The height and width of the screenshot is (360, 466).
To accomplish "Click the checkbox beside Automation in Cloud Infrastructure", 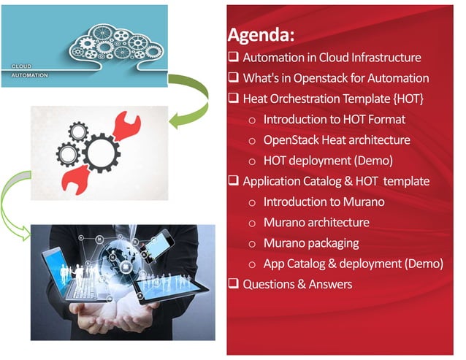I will click(234, 57).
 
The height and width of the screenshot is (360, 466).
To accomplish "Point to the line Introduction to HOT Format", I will click(334, 119).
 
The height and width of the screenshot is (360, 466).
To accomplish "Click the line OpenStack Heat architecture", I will click(336, 139).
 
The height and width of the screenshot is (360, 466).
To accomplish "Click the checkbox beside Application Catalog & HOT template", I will click(234, 181).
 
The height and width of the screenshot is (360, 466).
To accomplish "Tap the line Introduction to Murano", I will click(324, 202).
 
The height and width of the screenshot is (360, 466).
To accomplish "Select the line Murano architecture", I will click(316, 222).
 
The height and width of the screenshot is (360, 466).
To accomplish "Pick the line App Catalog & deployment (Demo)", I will click(353, 264).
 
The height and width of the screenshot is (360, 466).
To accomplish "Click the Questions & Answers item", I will click(297, 283).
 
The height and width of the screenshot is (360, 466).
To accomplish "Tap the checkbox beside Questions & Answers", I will click(234, 283).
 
